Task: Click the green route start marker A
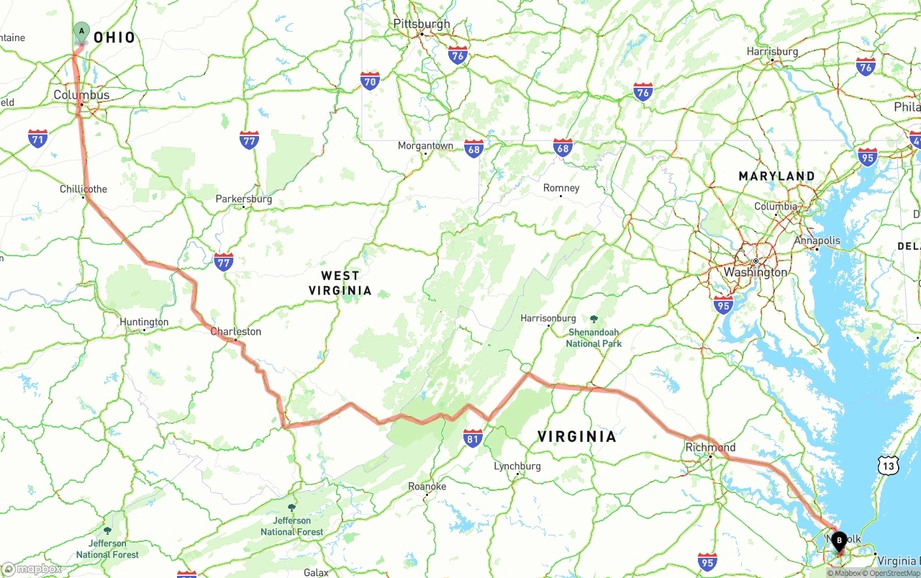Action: click(x=81, y=32)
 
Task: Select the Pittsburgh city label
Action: click(x=422, y=24)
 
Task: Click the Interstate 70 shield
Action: click(x=370, y=80)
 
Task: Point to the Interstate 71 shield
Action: click(x=38, y=138)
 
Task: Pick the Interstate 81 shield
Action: click(x=472, y=438)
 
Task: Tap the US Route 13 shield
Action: click(x=888, y=466)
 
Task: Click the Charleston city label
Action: click(x=235, y=331)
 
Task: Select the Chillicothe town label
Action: click(x=83, y=189)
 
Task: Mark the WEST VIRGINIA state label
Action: click(x=340, y=283)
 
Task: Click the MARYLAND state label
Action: click(x=776, y=176)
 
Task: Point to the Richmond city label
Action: click(x=710, y=447)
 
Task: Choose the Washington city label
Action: click(x=756, y=272)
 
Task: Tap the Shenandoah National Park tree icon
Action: click(x=594, y=319)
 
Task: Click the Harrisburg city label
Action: click(x=772, y=51)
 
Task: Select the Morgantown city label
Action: click(x=425, y=145)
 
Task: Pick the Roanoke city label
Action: click(x=427, y=486)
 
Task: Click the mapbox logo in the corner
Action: click(x=32, y=569)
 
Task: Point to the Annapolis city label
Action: click(x=817, y=240)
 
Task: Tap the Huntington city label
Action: click(x=144, y=322)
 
